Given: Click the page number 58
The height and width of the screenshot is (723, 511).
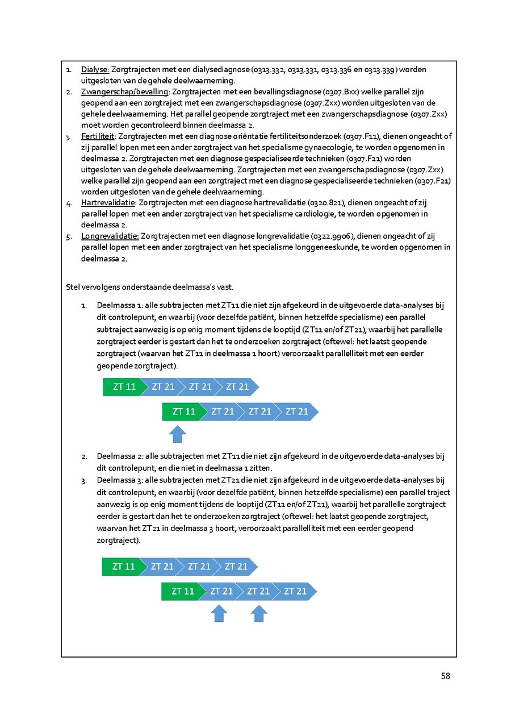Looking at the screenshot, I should tap(445, 676).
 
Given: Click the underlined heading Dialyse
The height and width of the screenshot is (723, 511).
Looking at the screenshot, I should tap(95, 69).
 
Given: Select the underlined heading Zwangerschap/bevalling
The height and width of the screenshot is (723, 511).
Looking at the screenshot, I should tap(125, 92).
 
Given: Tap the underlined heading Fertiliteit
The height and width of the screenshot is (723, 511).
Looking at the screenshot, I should tap(98, 136).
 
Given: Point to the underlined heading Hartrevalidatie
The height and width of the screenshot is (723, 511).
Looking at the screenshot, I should tap(108, 202).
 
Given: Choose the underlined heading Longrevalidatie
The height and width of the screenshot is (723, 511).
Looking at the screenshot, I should tap(110, 235).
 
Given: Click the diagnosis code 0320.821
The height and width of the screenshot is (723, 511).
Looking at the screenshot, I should tap(325, 202).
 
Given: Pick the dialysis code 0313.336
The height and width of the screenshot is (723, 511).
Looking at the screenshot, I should tap(338, 69).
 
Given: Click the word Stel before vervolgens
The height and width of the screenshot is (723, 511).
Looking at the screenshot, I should tap(73, 286).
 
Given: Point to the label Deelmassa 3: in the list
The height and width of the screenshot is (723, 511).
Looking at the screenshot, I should tap(120, 481).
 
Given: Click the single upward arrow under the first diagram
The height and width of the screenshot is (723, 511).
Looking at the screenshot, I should tap(178, 434).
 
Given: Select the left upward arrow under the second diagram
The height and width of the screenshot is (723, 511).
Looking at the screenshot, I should tap(219, 613).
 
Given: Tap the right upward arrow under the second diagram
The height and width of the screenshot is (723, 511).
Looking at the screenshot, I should tap(259, 613).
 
